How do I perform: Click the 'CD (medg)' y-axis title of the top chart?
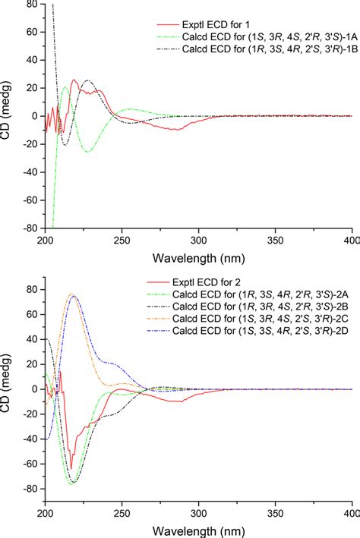(8, 116)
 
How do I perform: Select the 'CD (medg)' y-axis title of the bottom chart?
(8, 389)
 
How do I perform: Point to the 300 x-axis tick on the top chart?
(199, 240)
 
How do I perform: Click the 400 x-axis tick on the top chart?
(351, 240)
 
